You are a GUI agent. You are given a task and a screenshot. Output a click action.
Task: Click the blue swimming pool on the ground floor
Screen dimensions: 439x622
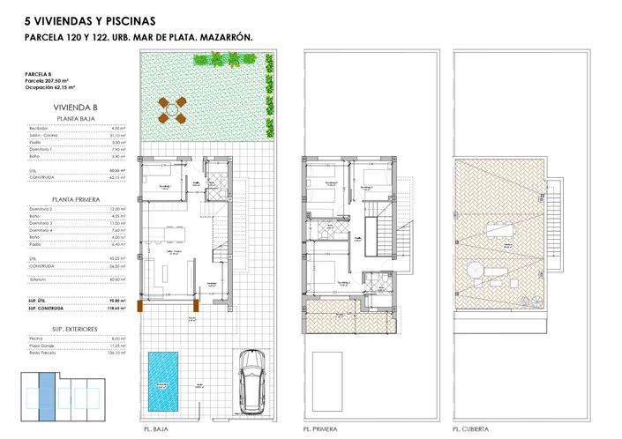point(161,380)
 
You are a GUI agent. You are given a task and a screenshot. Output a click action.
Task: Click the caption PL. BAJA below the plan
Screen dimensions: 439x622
point(154,429)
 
